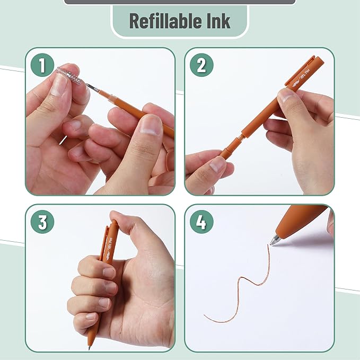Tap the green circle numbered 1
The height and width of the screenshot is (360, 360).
[42, 66]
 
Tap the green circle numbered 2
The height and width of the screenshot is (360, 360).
[201, 66]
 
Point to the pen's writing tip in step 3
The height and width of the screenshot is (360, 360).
[89, 348]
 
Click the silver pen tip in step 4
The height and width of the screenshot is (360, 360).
[275, 240]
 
